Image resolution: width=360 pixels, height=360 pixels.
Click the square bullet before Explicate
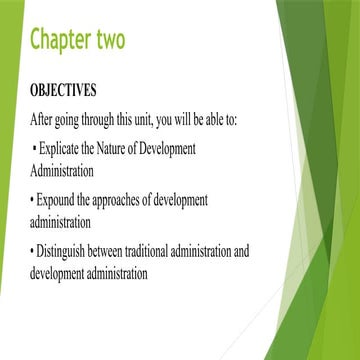tap(35, 150)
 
